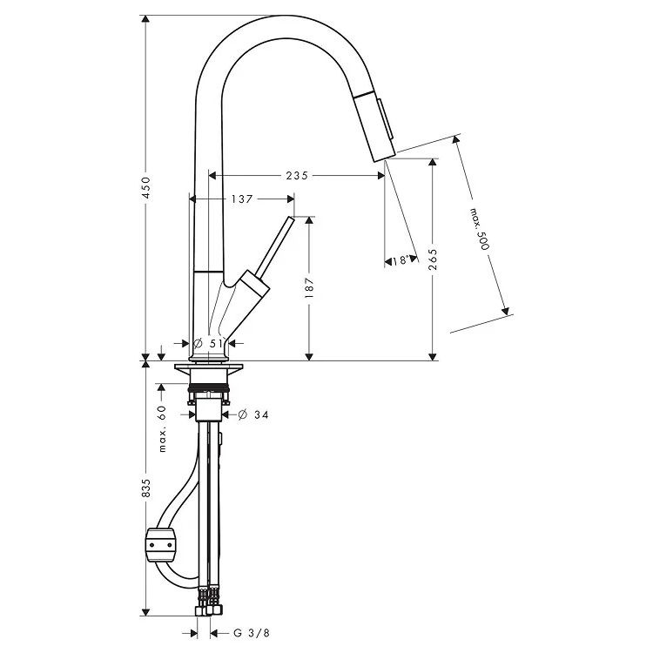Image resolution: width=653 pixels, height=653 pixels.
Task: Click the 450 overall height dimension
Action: click(145, 187)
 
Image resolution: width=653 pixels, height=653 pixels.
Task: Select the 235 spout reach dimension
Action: click(297, 176)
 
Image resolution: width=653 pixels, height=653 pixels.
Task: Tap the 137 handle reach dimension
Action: click(242, 199)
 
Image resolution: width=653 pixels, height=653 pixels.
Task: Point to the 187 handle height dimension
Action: click(309, 287)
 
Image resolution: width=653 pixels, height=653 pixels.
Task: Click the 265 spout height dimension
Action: click(433, 259)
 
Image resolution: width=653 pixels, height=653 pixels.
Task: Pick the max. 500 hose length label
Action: click(479, 229)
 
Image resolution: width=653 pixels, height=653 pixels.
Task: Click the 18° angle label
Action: click(400, 260)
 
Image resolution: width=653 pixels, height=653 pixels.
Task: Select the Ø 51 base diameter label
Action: click(209, 344)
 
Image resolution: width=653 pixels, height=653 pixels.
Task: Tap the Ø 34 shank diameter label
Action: click(253, 414)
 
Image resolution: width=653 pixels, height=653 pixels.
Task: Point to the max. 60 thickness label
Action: click(162, 428)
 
